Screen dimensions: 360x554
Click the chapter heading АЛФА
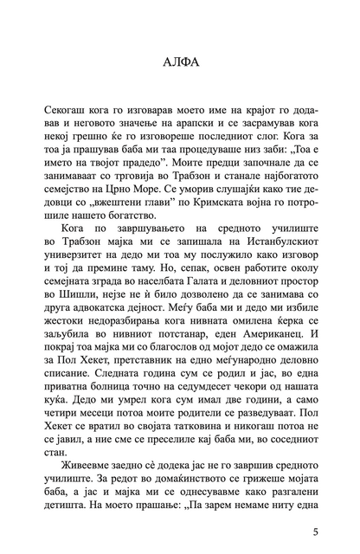tap(180, 63)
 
